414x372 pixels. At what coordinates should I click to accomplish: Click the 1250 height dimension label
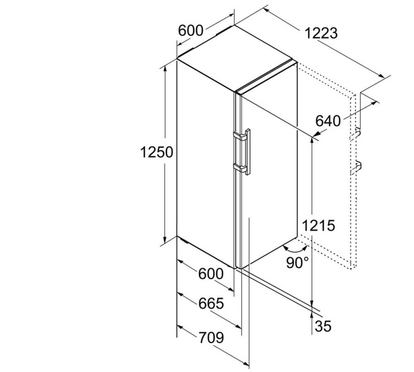click(x=156, y=152)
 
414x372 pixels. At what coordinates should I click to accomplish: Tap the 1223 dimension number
click(x=321, y=33)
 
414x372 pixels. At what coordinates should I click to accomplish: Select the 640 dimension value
click(x=328, y=121)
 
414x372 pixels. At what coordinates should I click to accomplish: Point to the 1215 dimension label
click(x=318, y=226)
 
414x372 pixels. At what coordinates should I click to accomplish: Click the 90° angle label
click(x=297, y=262)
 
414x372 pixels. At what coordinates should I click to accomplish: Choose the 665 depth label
click(x=211, y=303)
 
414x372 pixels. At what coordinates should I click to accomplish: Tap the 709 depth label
click(x=211, y=338)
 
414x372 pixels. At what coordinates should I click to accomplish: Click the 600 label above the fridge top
click(x=190, y=30)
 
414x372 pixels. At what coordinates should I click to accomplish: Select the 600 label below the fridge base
click(x=211, y=273)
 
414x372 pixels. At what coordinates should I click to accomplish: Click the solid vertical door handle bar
click(x=248, y=152)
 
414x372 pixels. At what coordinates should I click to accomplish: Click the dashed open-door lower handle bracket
click(x=355, y=168)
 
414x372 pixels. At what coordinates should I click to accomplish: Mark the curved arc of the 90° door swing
click(x=295, y=249)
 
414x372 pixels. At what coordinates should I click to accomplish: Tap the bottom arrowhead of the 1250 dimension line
click(x=165, y=240)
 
